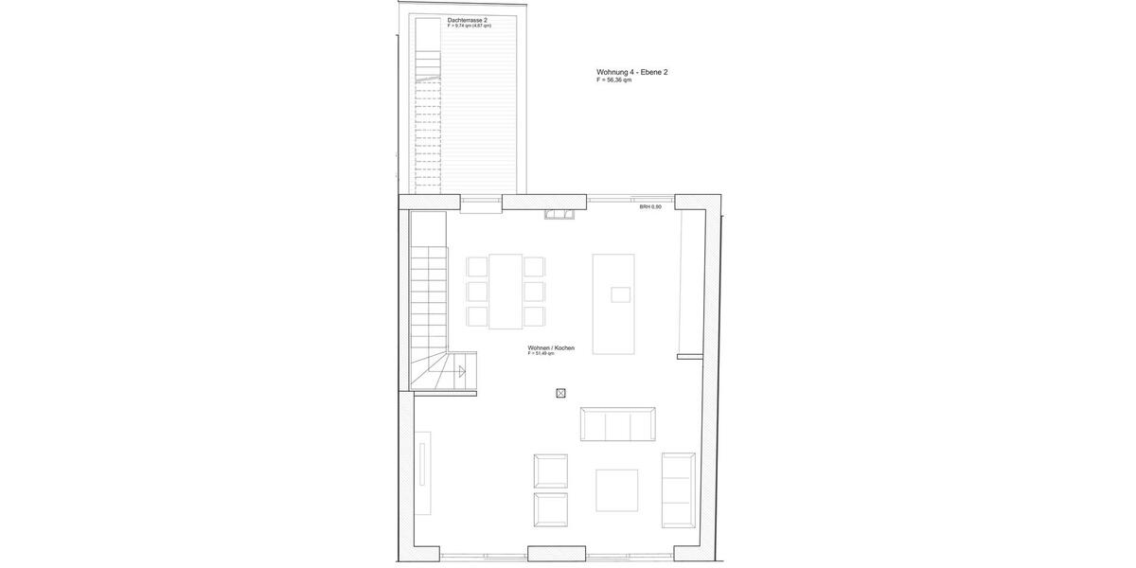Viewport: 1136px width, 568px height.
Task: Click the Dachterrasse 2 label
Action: tap(468, 20)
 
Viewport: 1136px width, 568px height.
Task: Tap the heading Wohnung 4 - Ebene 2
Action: tap(631, 72)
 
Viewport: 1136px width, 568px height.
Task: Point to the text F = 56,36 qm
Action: tap(613, 80)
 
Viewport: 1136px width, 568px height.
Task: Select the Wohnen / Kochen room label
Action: tap(551, 348)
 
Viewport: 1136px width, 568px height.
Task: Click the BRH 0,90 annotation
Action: tap(650, 206)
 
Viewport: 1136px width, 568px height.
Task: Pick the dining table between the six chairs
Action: tap(506, 291)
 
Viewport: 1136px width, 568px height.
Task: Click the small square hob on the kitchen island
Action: tap(620, 294)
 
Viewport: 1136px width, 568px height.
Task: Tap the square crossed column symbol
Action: tap(560, 393)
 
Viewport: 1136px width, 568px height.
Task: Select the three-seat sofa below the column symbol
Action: tap(617, 424)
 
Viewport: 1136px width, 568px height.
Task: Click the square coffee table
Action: tap(616, 489)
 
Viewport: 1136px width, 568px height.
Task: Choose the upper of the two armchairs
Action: tap(550, 470)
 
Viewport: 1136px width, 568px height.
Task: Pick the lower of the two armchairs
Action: tap(550, 509)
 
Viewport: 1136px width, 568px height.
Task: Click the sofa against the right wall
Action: tap(678, 489)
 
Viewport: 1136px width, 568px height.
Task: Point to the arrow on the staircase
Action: tap(462, 372)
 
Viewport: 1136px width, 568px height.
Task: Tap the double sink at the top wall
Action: tap(559, 215)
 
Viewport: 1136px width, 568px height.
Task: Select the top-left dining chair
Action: tap(477, 267)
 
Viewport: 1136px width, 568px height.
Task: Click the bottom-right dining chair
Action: tap(534, 316)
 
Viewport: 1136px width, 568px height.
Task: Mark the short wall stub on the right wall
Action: tap(690, 356)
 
